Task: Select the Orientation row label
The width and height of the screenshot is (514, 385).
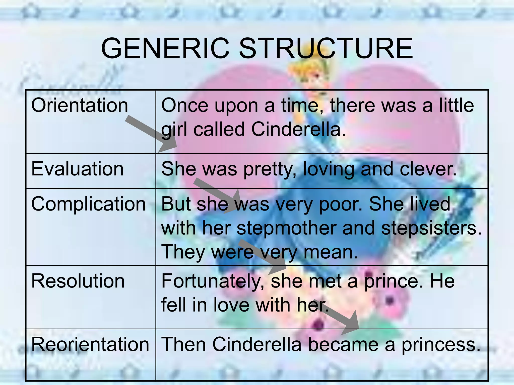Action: point(80,105)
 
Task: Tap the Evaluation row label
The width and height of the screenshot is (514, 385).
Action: point(77,169)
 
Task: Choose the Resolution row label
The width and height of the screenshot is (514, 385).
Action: point(78,281)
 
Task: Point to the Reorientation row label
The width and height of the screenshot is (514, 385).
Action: point(90,344)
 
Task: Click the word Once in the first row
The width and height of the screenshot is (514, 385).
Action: point(184,105)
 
